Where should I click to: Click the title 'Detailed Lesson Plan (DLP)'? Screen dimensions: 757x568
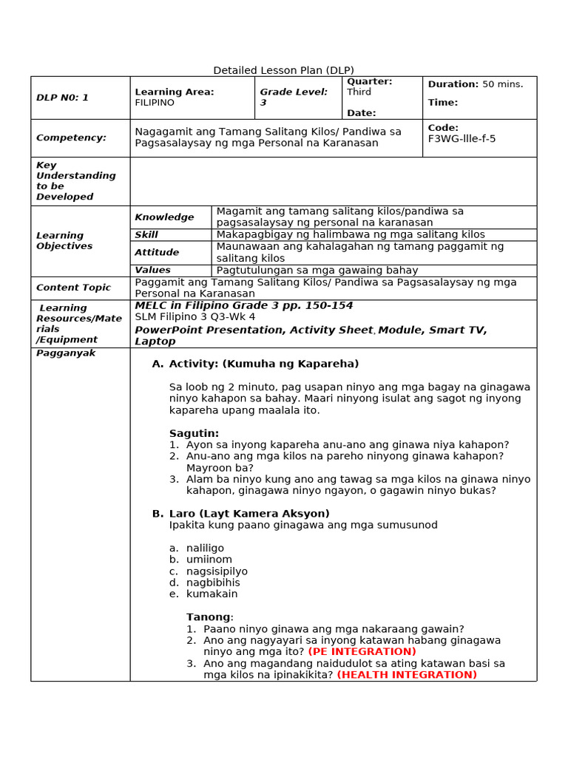coord(283,70)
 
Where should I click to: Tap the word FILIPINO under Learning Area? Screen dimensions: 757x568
coord(155,103)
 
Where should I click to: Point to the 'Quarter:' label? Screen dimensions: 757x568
coord(370,81)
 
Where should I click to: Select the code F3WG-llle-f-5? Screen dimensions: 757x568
coord(461,138)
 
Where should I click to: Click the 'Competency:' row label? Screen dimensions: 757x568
coord(71,138)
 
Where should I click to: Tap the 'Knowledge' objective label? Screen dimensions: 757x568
coord(164,217)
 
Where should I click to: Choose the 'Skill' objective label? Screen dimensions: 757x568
coord(146,234)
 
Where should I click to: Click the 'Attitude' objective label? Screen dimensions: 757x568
coord(157,252)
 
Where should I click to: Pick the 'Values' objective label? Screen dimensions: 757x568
coord(152,270)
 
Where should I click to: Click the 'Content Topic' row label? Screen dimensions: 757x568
coord(73,288)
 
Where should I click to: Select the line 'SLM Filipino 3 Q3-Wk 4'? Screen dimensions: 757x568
coord(195,317)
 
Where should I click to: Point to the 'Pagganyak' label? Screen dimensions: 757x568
coord(66,353)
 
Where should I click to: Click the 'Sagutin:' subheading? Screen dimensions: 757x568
coord(194,433)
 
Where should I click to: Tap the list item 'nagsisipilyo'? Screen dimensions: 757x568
coord(217,571)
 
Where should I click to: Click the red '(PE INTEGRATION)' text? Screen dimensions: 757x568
coord(362,651)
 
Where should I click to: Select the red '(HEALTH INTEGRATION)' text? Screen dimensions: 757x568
coord(407,674)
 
